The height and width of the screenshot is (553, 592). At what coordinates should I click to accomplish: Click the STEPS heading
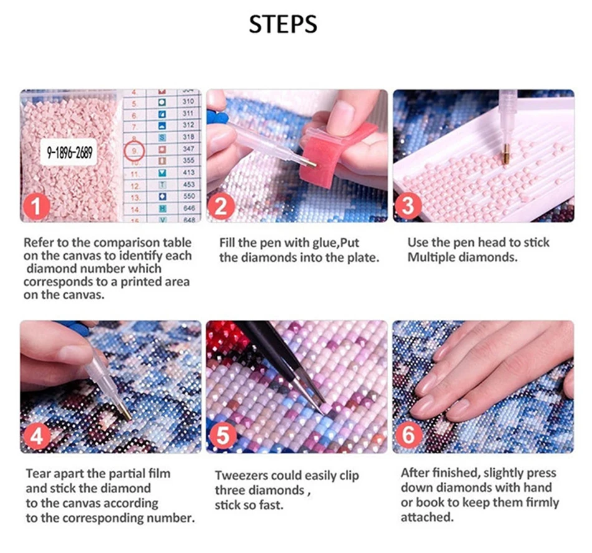click(x=283, y=24)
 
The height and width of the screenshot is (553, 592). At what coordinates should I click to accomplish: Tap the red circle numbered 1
click(x=36, y=206)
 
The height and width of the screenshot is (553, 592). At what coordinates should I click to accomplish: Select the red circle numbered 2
click(x=221, y=206)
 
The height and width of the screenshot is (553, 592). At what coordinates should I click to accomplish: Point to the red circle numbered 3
click(x=408, y=206)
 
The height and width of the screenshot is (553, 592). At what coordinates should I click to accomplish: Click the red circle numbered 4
click(x=37, y=436)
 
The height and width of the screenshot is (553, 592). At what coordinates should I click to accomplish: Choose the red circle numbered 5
click(x=222, y=436)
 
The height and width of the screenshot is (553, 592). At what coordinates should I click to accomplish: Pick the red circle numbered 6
click(x=408, y=435)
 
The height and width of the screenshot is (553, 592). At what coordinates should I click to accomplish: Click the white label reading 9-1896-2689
click(x=69, y=152)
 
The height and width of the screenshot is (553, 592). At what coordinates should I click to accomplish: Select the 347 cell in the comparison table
click(x=188, y=149)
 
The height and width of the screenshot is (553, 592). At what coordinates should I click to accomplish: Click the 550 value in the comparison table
click(x=188, y=196)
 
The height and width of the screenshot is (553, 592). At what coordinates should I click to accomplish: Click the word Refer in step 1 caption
click(x=38, y=243)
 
